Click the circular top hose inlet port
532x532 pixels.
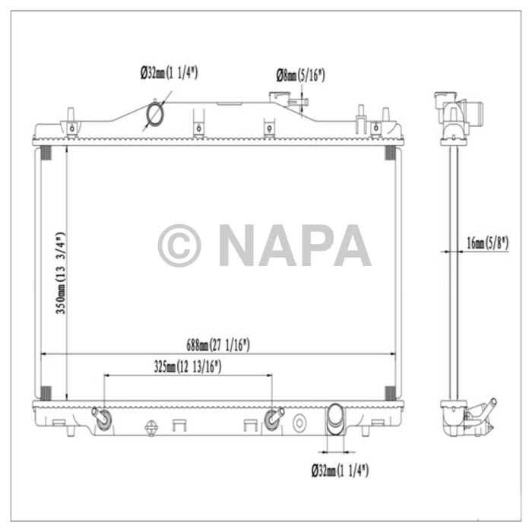click(156, 114)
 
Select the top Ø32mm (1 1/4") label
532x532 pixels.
click(174, 73)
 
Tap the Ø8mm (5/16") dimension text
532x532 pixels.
click(300, 74)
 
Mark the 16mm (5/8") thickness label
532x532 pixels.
click(487, 243)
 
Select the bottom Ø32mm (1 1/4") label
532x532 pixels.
click(340, 470)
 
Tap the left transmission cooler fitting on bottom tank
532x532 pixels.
click(102, 417)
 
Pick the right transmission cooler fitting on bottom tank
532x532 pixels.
click(274, 417)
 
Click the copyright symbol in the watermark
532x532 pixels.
click(179, 245)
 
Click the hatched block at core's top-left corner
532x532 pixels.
click(44, 153)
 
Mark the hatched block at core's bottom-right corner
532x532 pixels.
click(390, 393)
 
